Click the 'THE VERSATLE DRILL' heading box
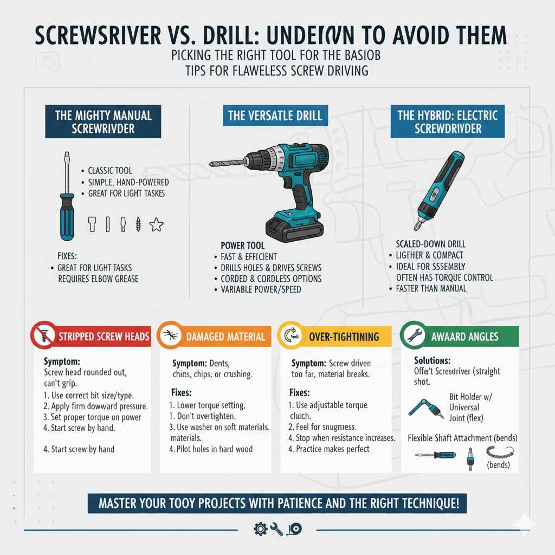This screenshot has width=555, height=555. pyautogui.click(x=275, y=115)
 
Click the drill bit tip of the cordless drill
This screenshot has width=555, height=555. pyautogui.click(x=212, y=163)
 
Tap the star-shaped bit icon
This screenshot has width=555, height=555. pyautogui.click(x=157, y=224)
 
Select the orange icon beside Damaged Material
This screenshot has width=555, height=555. pyautogui.click(x=170, y=337)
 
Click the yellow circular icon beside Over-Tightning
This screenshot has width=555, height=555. pyautogui.click(x=290, y=337)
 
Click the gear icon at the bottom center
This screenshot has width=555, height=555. pyautogui.click(x=259, y=529)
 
